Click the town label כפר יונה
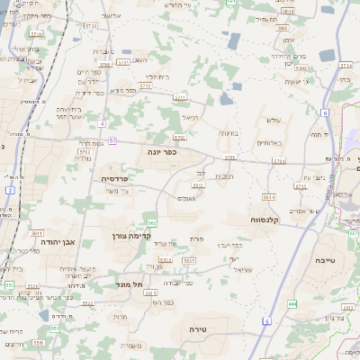click(x=162, y=152)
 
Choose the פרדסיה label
click(x=113, y=178)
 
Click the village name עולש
click(x=275, y=120)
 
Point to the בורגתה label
click(x=228, y=132)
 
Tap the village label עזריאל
click(x=244, y=268)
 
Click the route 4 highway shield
click(x=103, y=123)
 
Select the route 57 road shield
click(x=112, y=141)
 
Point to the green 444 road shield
click(x=291, y=304)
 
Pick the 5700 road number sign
click(x=231, y=157)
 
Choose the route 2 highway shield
click(x=9, y=190)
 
